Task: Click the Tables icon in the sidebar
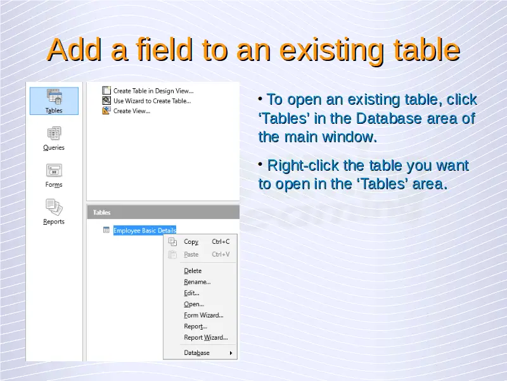point(54,97)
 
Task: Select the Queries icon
point(54,133)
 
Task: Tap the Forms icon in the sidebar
point(54,170)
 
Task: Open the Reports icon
point(54,208)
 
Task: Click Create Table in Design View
point(153,91)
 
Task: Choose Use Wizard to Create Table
point(152,101)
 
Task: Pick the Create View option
point(132,111)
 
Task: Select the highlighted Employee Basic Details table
point(144,231)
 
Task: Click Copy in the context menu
point(191,242)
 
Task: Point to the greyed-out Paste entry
point(191,255)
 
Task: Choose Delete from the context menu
point(193,271)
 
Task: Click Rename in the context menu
point(197,282)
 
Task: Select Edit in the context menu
point(191,293)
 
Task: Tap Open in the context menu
point(194,304)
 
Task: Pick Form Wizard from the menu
point(203,315)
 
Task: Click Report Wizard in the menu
point(205,338)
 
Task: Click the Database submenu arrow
point(231,353)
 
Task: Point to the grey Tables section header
point(164,213)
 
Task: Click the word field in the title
point(165,50)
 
